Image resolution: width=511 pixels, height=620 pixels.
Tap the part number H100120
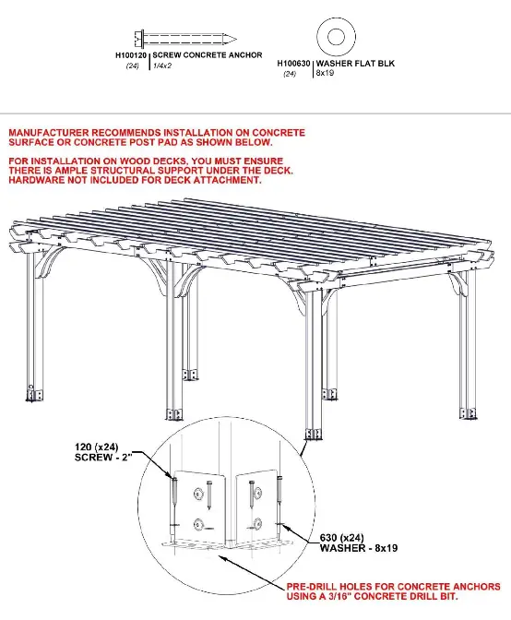130,55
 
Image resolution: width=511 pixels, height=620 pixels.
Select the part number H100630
294,63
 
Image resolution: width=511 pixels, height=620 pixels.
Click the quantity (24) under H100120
133,66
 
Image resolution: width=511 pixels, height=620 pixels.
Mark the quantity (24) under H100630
291,73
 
